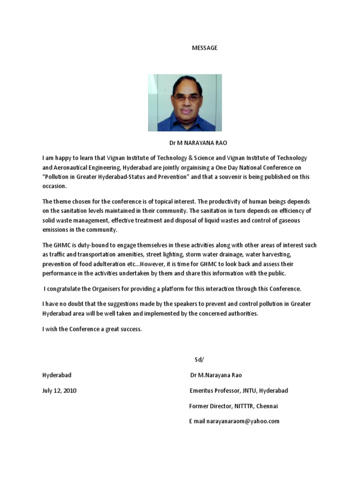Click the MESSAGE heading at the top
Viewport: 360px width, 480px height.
tap(205, 48)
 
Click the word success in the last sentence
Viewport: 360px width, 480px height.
tap(130, 329)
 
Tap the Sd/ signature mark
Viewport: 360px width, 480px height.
tap(199, 360)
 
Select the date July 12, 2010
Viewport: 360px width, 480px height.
tap(60, 390)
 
